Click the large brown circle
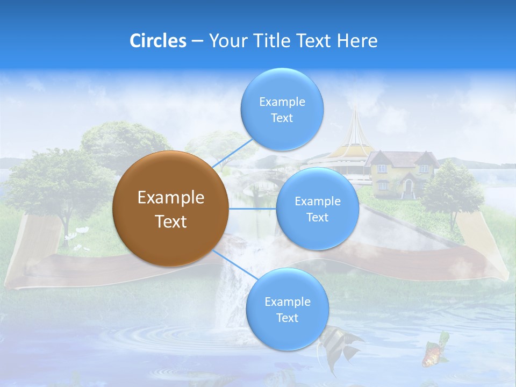(x=170, y=209)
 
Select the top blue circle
(x=282, y=110)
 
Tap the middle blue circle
(x=317, y=209)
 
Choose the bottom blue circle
(x=287, y=310)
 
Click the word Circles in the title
(x=158, y=41)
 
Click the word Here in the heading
(x=357, y=41)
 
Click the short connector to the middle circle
(x=252, y=209)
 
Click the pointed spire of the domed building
(x=355, y=116)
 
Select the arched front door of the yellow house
(x=408, y=189)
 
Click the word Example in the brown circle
(x=170, y=198)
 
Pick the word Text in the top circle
(x=282, y=118)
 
